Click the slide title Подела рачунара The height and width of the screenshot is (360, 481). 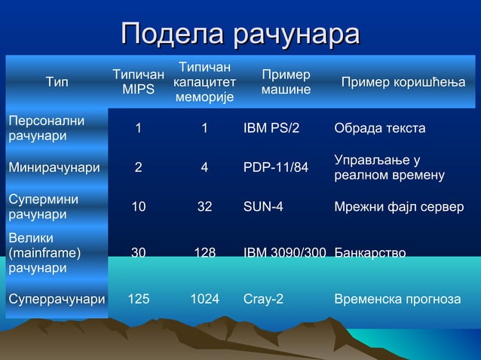pyautogui.click(x=240, y=35)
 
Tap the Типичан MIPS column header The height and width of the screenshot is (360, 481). pyautogui.click(x=138, y=82)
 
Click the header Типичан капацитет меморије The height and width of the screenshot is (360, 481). pyautogui.click(x=204, y=82)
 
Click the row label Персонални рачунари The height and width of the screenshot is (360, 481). pyautogui.click(x=46, y=128)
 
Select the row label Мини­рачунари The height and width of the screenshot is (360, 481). pyautogui.click(x=54, y=167)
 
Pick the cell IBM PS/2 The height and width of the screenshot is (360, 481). pyautogui.click(x=271, y=128)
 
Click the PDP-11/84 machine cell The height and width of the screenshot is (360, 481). pyautogui.click(x=276, y=167)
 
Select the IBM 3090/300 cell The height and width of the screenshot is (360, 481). pyautogui.click(x=284, y=253)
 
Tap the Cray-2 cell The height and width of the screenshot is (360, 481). pyautogui.click(x=264, y=299)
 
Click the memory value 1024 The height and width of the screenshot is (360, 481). pyautogui.click(x=204, y=299)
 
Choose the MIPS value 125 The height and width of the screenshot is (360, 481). pyautogui.click(x=138, y=299)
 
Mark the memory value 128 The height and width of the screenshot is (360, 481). pyautogui.click(x=204, y=253)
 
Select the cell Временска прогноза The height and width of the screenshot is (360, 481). pyautogui.click(x=397, y=299)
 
